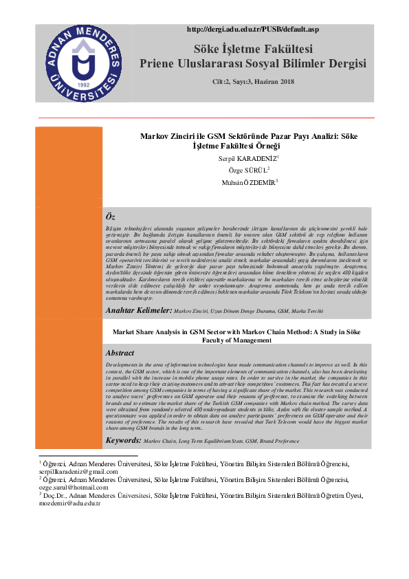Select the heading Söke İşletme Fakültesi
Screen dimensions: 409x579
(253, 49)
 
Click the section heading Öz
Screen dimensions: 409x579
(111, 217)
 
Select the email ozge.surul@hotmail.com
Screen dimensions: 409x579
(69, 487)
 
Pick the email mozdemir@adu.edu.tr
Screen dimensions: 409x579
(69, 503)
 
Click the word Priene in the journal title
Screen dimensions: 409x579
(158, 64)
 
